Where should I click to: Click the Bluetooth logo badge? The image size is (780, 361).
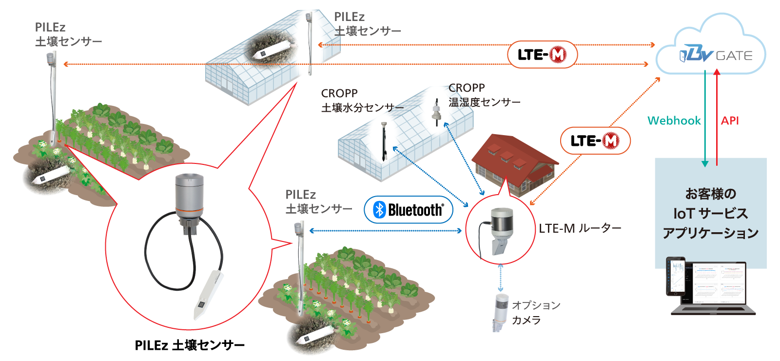click(409, 210)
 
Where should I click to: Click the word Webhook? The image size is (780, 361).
click(674, 120)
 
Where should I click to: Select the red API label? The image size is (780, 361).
click(730, 120)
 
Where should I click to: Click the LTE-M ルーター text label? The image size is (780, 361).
click(580, 228)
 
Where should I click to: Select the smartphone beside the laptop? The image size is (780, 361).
click(676, 276)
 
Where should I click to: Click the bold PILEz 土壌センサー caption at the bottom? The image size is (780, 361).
click(190, 345)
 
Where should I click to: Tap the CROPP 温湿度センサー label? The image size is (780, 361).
click(484, 95)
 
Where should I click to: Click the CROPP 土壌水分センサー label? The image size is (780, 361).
click(361, 100)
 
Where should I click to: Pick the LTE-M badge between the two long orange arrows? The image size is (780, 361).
click(542, 55)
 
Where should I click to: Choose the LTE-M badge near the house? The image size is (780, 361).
click(595, 141)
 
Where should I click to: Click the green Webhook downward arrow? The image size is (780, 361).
click(705, 117)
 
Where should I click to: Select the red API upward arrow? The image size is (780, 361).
click(717, 117)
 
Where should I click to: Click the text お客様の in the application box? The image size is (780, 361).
click(710, 194)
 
